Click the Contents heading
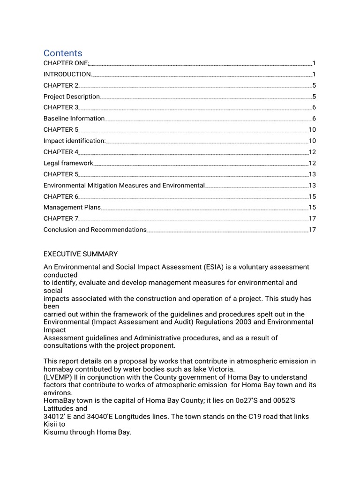pos(63,53)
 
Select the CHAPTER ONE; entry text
pos(66,63)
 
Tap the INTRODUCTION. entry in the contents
pos(67,74)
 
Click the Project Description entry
pos(71,97)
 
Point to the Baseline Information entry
pos(74,119)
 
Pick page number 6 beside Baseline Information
pos(314,119)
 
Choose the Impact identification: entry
pos(75,141)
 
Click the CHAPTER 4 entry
pos(61,152)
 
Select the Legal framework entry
pos(68,163)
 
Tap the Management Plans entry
pos(72,207)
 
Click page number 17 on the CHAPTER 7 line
pos(312,218)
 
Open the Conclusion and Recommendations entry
pos(95,230)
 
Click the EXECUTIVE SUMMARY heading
pos(81,254)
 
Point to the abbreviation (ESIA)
pos(214,267)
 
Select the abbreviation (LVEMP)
pos(59,377)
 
